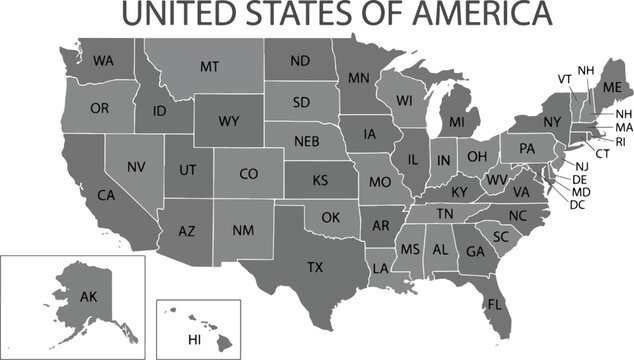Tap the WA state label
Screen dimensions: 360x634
[103, 61]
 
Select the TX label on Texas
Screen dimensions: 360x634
[315, 267]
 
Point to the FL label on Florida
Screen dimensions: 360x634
[495, 304]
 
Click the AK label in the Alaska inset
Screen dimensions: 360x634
[88, 297]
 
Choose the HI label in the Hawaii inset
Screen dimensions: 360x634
[195, 340]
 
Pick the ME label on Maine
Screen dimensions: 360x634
[611, 91]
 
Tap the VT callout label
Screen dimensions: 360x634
[565, 79]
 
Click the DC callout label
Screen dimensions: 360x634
[577, 204]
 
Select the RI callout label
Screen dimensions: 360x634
[619, 142]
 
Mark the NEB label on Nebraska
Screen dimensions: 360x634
[306, 141]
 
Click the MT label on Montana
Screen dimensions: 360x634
[209, 67]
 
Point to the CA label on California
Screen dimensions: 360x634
[106, 196]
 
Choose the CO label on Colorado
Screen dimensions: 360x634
[249, 174]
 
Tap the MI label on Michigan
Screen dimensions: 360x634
[457, 122]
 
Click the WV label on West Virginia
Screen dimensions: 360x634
[496, 180]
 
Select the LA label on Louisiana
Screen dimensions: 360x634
[381, 268]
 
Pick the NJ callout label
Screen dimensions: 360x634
[581, 166]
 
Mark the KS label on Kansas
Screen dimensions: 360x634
[320, 181]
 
